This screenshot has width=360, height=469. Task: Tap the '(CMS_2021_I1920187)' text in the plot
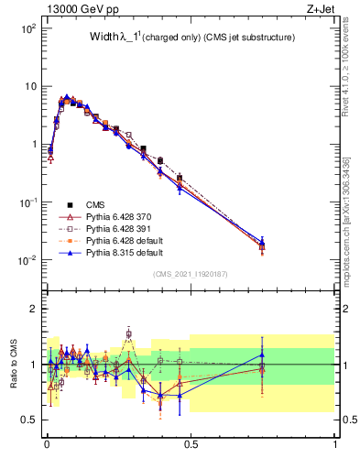[190, 273]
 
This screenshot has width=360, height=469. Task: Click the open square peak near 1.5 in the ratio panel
[129, 333]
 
